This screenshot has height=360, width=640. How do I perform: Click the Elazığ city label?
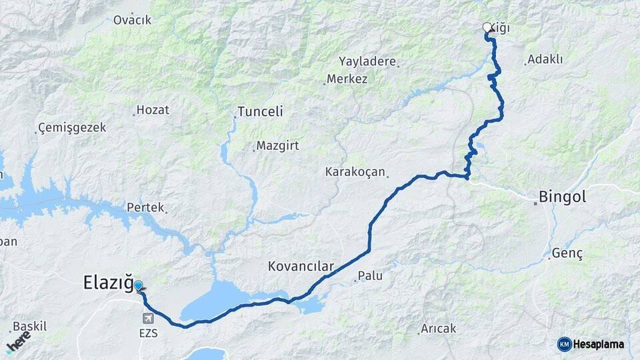pyautogui.click(x=109, y=283)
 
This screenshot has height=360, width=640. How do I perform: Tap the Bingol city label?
pyautogui.click(x=562, y=197)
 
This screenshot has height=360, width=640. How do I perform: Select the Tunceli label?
pyautogui.click(x=260, y=112)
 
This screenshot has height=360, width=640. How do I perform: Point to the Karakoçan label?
pyautogui.click(x=355, y=172)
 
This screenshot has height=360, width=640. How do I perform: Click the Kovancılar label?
pyautogui.click(x=301, y=267)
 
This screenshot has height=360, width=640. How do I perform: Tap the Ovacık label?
pyautogui.click(x=132, y=20)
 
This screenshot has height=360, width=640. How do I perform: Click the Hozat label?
pyautogui.click(x=153, y=110)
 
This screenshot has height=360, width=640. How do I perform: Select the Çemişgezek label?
pyautogui.click(x=72, y=128)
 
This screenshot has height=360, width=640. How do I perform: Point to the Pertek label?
pyautogui.click(x=145, y=207)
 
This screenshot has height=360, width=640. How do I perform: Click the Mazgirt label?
pyautogui.click(x=277, y=145)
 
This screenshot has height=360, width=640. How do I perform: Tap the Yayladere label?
pyautogui.click(x=367, y=61)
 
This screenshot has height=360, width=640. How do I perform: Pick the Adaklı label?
pyautogui.click(x=545, y=60)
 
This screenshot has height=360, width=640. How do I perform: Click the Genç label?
pyautogui.click(x=567, y=254)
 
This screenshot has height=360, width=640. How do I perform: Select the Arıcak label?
pyautogui.click(x=438, y=329)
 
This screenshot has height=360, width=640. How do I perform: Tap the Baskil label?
pyautogui.click(x=30, y=327)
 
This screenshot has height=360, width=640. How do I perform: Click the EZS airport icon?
pyautogui.click(x=147, y=319)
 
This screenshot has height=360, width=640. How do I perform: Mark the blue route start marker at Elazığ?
pyautogui.click(x=139, y=286)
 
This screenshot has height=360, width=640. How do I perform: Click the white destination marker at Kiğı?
pyautogui.click(x=487, y=27)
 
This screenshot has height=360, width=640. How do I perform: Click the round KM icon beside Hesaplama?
pyautogui.click(x=564, y=344)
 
